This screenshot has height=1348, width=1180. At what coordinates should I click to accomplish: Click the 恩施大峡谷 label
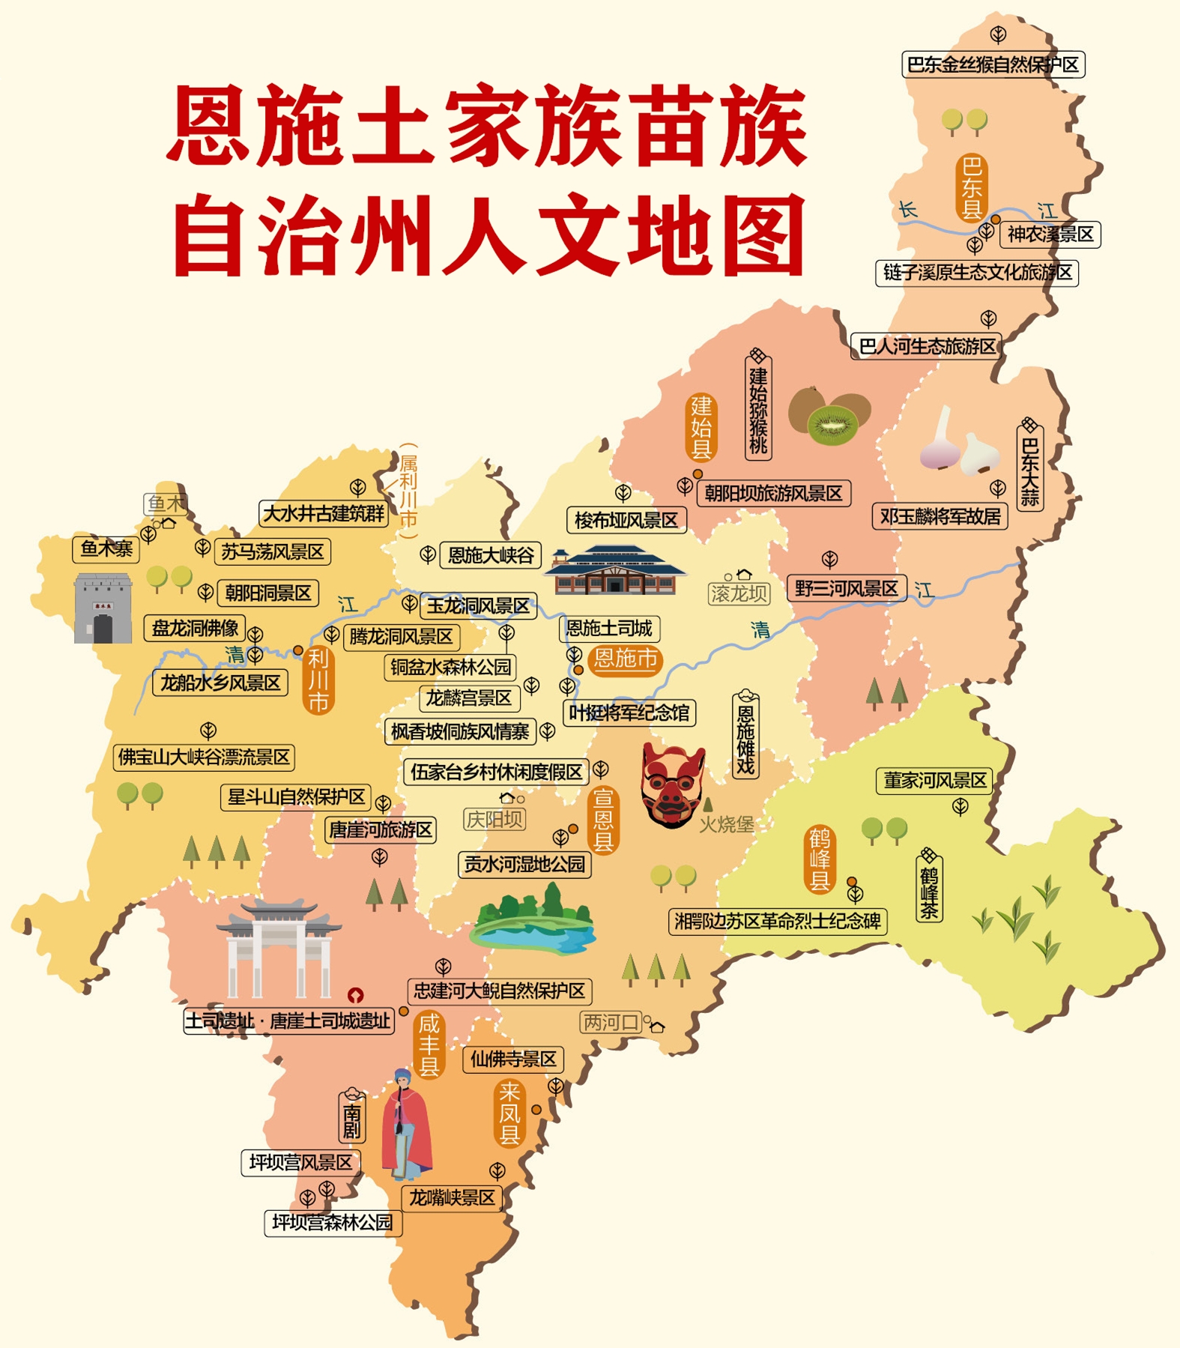pos(490,555)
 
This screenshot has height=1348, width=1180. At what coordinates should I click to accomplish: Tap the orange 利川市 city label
pos(318,680)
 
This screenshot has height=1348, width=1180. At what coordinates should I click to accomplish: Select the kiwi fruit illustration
pos(830,416)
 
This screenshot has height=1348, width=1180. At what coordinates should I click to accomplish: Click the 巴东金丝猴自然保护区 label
pos(993,64)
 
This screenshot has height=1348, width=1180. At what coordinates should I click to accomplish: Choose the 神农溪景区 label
pos(1050,235)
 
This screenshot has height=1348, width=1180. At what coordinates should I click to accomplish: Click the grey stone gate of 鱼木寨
pos(103,608)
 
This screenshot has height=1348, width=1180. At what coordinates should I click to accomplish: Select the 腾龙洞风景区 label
pos(402,637)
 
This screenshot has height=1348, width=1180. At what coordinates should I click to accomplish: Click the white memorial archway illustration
pos(279,949)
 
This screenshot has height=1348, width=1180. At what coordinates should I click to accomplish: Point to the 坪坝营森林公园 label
pos(333,1223)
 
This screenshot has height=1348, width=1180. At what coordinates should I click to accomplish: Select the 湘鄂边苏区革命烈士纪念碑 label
pos(777,921)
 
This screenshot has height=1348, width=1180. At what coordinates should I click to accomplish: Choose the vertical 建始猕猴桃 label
pos(758,408)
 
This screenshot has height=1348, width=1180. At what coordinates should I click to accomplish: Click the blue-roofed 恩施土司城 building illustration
pos(614,571)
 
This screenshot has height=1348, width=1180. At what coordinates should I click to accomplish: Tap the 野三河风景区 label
pos(847,589)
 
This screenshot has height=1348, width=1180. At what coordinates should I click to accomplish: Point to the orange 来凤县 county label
pos(509,1113)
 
